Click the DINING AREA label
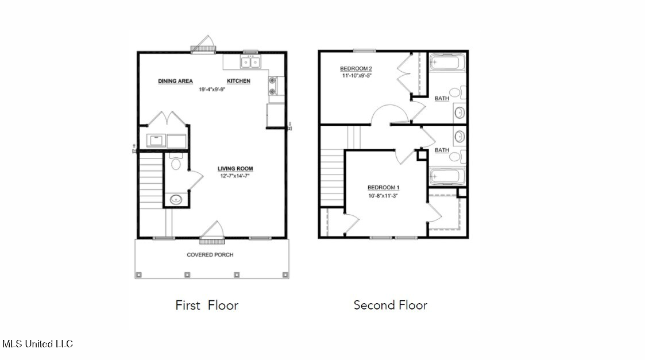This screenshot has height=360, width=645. click(175, 81)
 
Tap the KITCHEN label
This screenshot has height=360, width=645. click(238, 81)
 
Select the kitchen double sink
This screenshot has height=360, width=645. click(250, 62)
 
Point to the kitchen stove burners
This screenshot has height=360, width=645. click(272, 86)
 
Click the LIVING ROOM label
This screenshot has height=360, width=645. click(235, 169)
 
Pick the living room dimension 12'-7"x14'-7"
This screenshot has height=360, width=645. click(235, 176)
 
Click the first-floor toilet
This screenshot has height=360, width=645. click(176, 161)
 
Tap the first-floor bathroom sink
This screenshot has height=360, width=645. click(176, 200)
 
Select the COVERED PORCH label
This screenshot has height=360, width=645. click(210, 255)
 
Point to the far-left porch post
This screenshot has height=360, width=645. click(138, 274)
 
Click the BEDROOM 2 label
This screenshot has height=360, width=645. click(356, 69)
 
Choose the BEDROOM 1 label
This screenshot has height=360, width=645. click(383, 188)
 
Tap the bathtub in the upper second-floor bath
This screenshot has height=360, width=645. click(447, 63)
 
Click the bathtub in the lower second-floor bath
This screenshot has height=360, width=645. click(447, 176)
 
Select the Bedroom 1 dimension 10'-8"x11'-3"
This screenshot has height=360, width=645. click(383, 196)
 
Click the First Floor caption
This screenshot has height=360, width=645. click(207, 305)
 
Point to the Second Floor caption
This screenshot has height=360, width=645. click(391, 305)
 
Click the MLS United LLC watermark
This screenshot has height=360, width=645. click(37, 344)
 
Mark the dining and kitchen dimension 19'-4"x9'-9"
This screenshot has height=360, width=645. click(213, 89)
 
